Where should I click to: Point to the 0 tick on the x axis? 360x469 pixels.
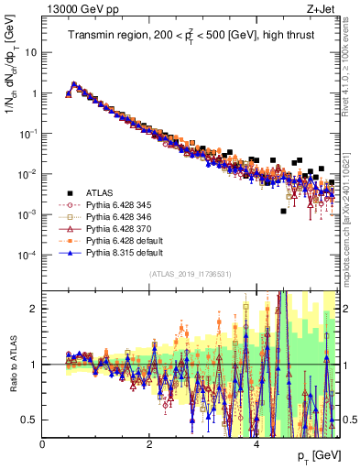coord(43,443)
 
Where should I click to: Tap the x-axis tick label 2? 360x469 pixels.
coord(149,443)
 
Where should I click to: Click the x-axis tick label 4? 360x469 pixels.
coord(256,443)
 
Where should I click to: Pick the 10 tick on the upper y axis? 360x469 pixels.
coord(31,52)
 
